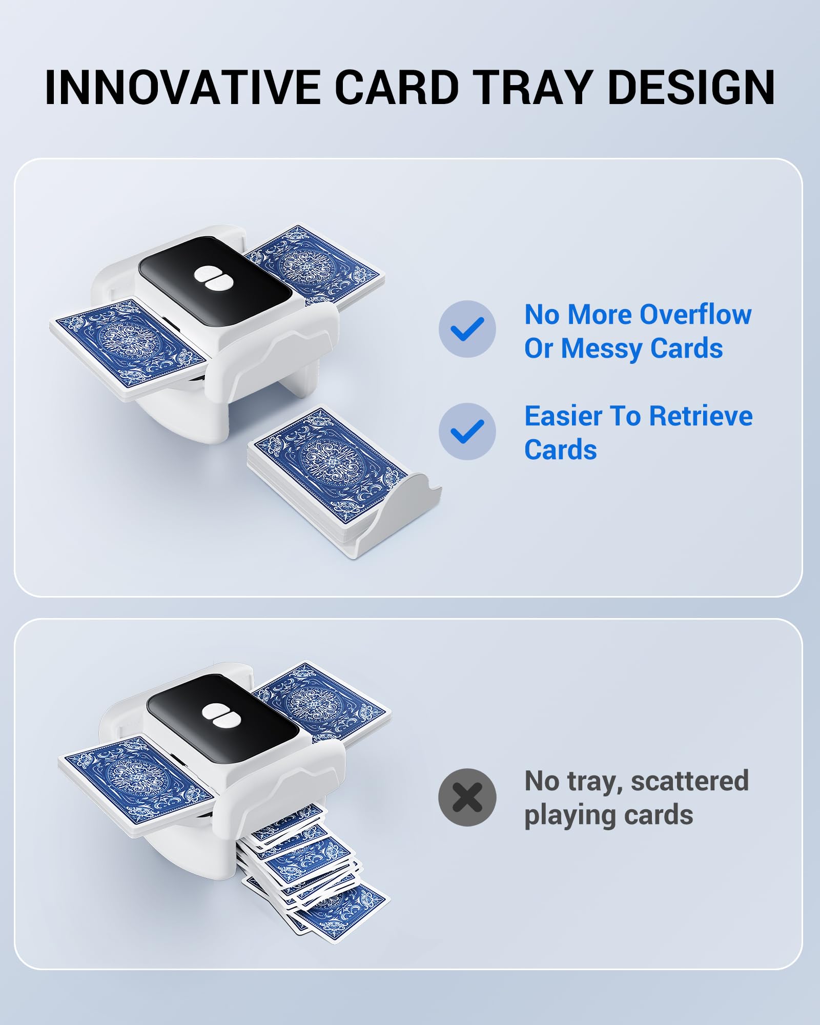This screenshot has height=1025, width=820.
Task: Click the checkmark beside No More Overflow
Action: [x=467, y=329]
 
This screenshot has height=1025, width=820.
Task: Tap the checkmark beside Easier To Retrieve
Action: [x=467, y=431]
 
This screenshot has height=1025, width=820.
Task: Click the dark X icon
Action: [x=467, y=797]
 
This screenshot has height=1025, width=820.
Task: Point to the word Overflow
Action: [x=695, y=314]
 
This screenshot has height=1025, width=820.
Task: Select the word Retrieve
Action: [x=701, y=416]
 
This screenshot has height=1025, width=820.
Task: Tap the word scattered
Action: [x=690, y=781]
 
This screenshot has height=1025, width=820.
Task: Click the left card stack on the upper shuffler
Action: [x=128, y=348]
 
